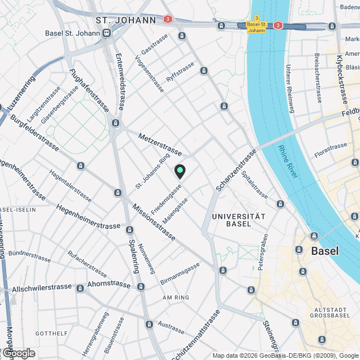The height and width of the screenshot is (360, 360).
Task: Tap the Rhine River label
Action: tap(287, 163)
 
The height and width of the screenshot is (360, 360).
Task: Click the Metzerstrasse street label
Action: tap(160, 145)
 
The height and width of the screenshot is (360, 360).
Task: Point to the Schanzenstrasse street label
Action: tap(236, 169)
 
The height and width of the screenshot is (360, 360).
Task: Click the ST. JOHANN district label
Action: tap(126, 20)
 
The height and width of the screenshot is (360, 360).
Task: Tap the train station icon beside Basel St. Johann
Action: tap(105, 33)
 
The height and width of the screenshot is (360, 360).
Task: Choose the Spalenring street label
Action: tap(134, 256)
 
